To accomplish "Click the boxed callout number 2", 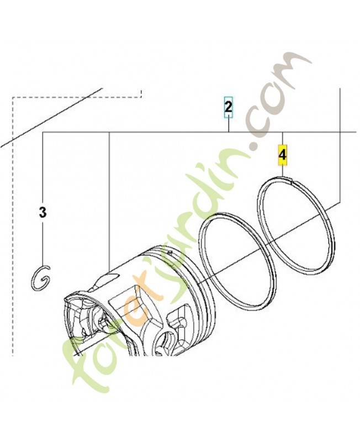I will tap(228, 107).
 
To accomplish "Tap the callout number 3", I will tap(43, 212).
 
